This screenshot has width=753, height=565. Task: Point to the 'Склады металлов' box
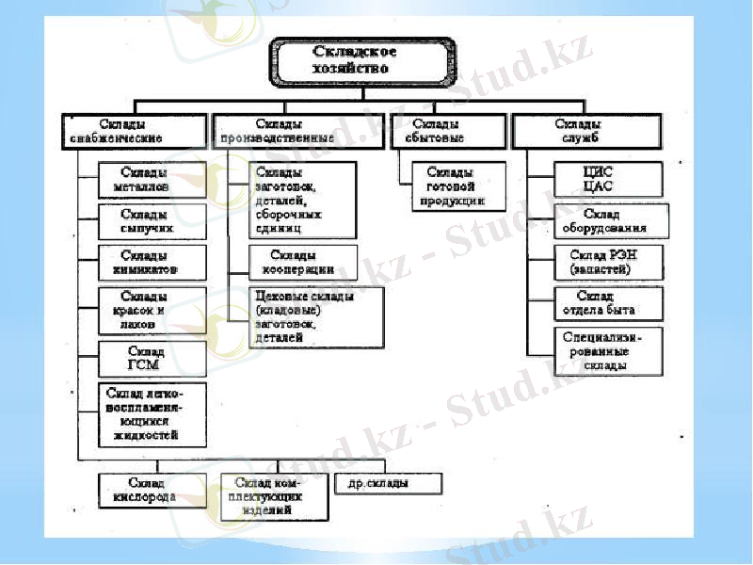coord(152,180)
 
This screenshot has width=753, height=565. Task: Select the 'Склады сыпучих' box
coord(152,222)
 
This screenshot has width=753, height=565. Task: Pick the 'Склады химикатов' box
coord(152,263)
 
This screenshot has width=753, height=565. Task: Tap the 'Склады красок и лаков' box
coord(152,310)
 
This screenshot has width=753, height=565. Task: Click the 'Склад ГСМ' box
coord(152,358)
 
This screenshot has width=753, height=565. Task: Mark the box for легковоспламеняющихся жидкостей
coord(152,413)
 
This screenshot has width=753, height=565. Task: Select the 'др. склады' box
coord(388,484)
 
